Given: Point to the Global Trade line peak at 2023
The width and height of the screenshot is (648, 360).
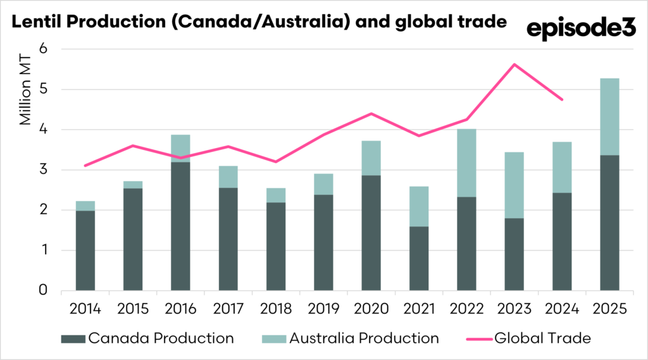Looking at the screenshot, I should [x=514, y=65].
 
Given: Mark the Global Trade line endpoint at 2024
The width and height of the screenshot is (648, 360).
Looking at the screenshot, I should [x=562, y=99].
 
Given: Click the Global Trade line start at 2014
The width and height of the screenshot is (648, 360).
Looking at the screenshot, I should [x=85, y=166].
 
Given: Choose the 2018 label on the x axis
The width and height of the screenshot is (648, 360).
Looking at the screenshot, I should [x=277, y=309].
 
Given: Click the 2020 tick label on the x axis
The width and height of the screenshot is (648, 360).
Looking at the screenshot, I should [x=371, y=309].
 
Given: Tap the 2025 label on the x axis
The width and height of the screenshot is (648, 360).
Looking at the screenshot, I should [x=610, y=309].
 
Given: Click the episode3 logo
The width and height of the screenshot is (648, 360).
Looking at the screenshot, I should [x=580, y=28].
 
